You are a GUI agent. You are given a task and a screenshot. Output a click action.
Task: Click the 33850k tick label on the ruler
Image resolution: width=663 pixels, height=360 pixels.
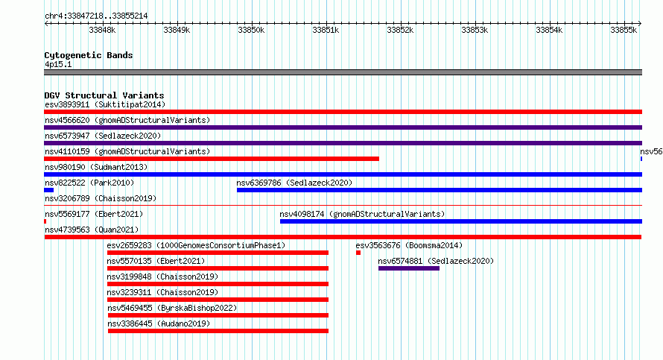pos(251,30)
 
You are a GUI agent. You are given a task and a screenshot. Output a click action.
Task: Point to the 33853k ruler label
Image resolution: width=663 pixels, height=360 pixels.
pos(475,30)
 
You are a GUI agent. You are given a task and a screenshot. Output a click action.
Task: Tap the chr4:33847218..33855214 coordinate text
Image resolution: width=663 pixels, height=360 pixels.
pos(96,16)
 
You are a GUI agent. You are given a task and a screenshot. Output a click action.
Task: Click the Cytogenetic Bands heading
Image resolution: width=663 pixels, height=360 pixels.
pos(89,55)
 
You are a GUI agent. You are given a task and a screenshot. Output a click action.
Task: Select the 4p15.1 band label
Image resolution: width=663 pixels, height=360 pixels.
pos(58,64)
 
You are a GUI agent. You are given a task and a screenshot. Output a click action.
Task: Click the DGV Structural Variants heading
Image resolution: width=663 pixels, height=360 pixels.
pos(104,95)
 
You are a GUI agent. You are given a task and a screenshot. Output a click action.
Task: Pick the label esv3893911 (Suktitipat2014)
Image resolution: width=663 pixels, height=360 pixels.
pos(105,104)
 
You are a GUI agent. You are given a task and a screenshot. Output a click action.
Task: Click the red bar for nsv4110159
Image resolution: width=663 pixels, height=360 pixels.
pos(212,159)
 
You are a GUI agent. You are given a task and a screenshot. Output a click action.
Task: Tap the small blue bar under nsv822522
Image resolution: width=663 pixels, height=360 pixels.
pos(48,190)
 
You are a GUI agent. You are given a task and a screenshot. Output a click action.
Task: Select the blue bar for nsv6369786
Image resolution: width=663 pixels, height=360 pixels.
pos(440,190)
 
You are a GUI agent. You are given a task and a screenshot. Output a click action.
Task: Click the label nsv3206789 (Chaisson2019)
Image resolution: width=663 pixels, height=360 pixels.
pos(101,198)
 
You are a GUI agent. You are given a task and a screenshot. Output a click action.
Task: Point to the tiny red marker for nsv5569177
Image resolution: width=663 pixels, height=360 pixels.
pos(45,221)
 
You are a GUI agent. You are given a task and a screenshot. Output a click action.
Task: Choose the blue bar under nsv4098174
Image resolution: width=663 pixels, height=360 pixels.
pos(461,221)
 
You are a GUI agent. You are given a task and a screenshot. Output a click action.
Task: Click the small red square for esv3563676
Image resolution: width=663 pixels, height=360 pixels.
pos(358,253)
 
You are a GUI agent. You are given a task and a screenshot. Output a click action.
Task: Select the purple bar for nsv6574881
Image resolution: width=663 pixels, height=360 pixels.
pos(409,268)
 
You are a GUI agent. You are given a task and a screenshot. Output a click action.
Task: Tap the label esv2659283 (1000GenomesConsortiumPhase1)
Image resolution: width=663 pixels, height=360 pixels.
pos(196,245)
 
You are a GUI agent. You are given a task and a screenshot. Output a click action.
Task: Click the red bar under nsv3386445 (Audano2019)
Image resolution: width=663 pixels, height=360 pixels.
pos(218,331)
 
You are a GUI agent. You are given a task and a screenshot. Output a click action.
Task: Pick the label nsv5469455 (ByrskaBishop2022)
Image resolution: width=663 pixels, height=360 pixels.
pos(172,308)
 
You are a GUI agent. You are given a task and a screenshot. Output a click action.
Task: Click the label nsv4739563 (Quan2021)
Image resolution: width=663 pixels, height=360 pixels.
pos(92,230)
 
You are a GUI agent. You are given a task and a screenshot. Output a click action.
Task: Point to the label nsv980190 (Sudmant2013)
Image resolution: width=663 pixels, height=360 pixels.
pos(96,167)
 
